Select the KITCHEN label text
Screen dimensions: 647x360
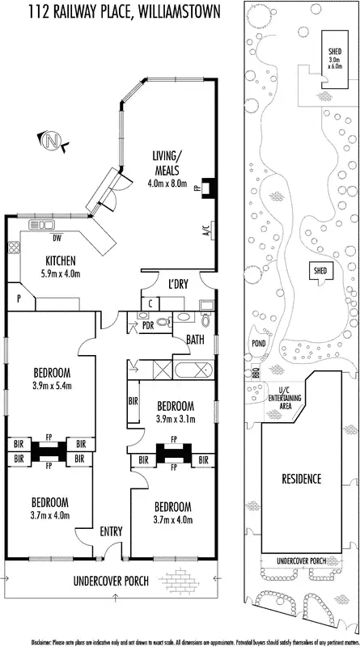(x=61, y=260)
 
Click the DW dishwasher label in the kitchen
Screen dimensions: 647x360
(x=56, y=239)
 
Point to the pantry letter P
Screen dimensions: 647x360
(x=18, y=298)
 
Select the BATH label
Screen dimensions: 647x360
(x=195, y=340)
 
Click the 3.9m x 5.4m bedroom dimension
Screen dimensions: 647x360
(x=53, y=386)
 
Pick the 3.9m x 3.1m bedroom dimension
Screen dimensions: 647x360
(x=176, y=418)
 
